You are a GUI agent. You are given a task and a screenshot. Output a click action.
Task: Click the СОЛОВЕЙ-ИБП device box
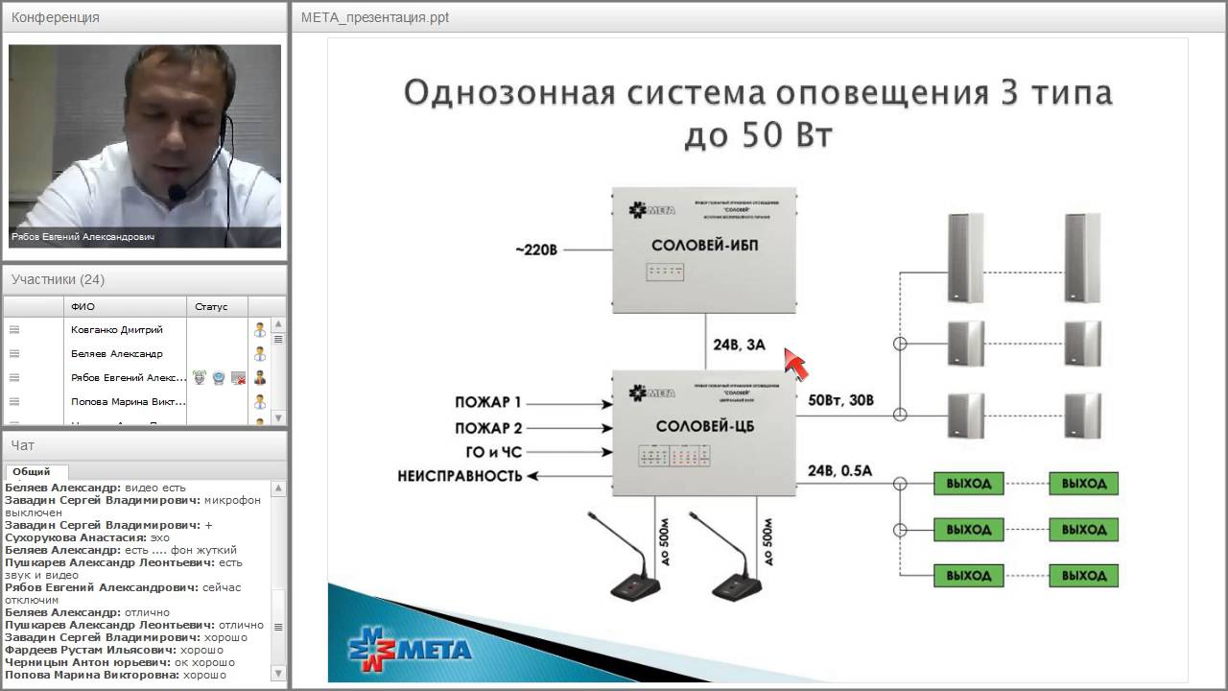(x=704, y=249)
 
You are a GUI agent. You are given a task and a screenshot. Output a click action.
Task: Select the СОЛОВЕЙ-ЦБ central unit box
(x=704, y=434)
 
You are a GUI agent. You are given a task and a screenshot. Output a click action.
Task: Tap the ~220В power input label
(x=534, y=250)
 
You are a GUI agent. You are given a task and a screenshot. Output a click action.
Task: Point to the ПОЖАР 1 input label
(x=488, y=403)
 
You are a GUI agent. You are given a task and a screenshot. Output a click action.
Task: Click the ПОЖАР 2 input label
(x=488, y=428)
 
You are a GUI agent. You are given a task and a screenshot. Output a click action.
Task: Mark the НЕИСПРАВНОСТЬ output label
(x=460, y=476)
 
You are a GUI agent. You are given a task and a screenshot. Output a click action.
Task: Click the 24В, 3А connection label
(x=739, y=345)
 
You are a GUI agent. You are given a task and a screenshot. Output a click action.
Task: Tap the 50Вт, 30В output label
(x=841, y=400)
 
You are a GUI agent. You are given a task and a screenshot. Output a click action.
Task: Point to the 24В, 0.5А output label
(x=840, y=471)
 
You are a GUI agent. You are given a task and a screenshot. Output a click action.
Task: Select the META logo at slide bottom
(x=410, y=649)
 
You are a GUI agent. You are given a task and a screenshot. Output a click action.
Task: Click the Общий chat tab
(x=32, y=471)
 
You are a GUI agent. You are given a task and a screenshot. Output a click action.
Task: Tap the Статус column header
(x=211, y=307)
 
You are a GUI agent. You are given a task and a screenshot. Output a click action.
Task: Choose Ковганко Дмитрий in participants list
(x=117, y=330)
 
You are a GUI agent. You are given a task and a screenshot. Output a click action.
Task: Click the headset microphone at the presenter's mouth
(x=177, y=193)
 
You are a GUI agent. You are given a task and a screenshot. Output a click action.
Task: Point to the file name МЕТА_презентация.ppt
(x=374, y=17)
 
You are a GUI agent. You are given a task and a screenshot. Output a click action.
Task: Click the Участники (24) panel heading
(x=58, y=279)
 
